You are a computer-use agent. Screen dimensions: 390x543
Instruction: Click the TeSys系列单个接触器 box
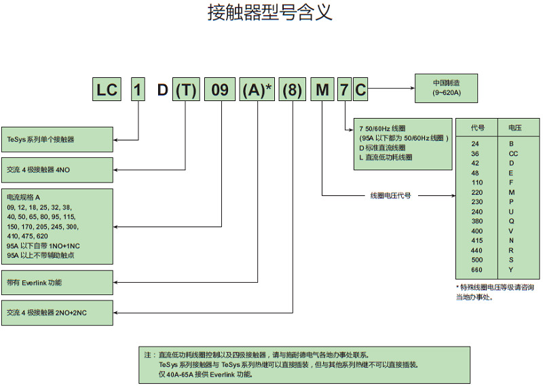tap(57, 140)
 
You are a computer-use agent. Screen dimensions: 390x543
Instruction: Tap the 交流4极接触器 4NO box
tap(57, 170)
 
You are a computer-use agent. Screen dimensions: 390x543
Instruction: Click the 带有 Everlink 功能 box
tap(57, 282)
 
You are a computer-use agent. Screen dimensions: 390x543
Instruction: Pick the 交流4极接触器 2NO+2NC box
tap(57, 313)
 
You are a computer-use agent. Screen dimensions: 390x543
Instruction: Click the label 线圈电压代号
tap(390, 195)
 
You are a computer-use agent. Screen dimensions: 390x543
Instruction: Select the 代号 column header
tap(479, 128)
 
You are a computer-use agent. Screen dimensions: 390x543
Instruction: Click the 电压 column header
tap(514, 128)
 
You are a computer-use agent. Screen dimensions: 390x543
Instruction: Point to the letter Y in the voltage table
tap(511, 269)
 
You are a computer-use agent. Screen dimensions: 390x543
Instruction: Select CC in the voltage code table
tap(513, 154)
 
